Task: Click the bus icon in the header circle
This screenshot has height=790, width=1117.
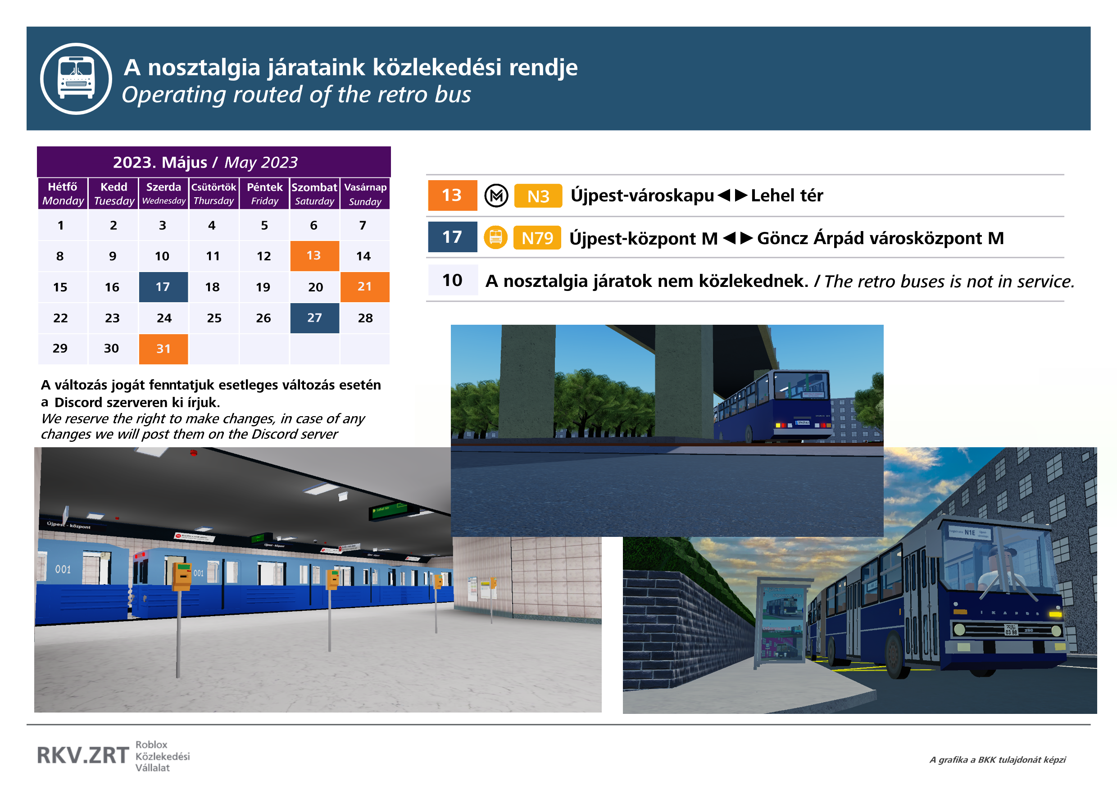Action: point(76,78)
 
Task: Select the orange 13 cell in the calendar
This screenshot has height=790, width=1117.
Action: point(314,256)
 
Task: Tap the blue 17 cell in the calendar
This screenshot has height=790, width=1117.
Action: point(163,287)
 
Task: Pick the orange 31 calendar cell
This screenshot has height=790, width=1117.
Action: point(163,349)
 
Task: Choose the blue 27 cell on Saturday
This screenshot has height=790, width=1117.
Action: point(314,318)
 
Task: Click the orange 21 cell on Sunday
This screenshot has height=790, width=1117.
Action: point(364,287)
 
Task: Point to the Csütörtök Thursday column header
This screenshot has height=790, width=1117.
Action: point(213,194)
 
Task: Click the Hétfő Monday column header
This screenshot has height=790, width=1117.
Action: point(63,194)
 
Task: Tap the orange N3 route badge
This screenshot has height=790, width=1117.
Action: point(538,196)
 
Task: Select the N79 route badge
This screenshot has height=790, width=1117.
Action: point(537,238)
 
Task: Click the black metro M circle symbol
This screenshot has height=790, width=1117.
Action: point(496,196)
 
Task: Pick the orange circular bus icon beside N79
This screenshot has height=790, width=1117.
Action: point(495,238)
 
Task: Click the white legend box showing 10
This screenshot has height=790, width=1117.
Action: point(453,280)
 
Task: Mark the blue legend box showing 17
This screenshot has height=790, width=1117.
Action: point(453,237)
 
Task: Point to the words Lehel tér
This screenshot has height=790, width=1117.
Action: point(787,195)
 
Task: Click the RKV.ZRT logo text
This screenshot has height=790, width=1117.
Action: point(83,755)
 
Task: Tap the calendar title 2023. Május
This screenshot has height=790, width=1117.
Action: point(160,163)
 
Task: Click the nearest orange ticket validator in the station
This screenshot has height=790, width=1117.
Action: point(182,577)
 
